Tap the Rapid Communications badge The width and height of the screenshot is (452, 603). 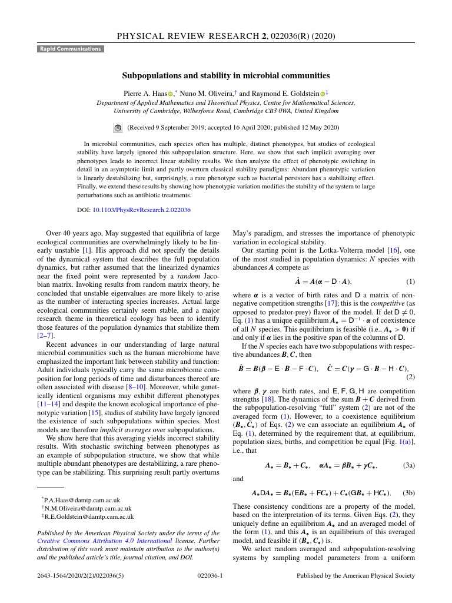(x=71, y=49)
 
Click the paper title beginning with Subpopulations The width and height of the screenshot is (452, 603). (x=226, y=75)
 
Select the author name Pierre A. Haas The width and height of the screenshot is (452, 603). (x=144, y=94)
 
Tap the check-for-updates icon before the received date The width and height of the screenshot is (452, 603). (x=117, y=127)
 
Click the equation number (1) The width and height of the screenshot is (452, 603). (x=410, y=281)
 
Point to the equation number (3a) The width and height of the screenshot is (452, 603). (x=408, y=465)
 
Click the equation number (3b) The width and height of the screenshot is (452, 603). (x=408, y=492)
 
